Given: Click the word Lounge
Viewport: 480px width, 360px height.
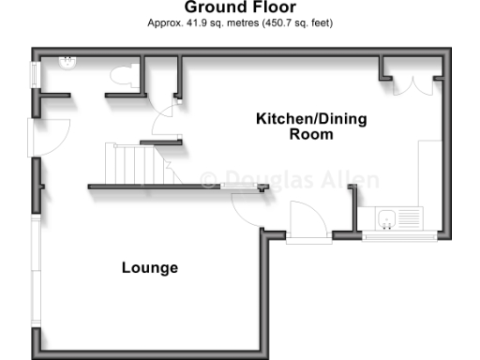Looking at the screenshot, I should [x=150, y=268].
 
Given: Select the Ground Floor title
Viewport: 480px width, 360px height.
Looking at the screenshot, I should [x=239, y=7].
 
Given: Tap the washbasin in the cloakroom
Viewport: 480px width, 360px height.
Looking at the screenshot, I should [x=68, y=62].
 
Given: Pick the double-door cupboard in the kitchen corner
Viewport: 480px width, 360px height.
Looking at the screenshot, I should [x=413, y=82].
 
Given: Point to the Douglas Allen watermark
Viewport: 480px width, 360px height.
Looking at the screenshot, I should [x=291, y=179].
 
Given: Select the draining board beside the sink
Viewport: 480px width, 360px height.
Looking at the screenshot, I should [x=412, y=219].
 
